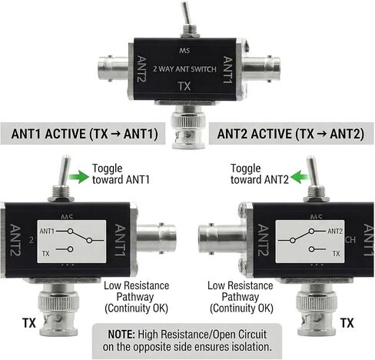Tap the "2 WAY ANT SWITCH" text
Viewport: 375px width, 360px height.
click(184, 69)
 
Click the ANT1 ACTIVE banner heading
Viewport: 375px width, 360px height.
click(85, 134)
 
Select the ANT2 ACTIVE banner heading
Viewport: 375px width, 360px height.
click(290, 134)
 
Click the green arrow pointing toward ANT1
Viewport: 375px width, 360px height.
click(78, 176)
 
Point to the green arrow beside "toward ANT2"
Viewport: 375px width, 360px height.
click(300, 177)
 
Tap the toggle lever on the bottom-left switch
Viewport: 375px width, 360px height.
click(65, 170)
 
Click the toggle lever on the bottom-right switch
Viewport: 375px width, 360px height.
click(312, 171)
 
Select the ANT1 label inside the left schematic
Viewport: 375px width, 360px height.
click(47, 231)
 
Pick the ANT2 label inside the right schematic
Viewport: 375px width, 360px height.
click(335, 231)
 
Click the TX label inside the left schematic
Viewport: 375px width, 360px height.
click(45, 254)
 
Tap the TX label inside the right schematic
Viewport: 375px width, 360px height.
click(336, 254)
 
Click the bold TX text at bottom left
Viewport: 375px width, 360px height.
click(29, 323)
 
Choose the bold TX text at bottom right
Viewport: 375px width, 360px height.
click(347, 323)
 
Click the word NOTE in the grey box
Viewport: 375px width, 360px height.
click(121, 335)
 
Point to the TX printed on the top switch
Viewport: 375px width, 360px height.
click(184, 86)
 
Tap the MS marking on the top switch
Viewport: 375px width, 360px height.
click(184, 51)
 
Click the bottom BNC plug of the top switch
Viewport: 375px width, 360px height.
click(189, 127)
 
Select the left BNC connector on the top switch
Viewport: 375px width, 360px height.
click(114, 68)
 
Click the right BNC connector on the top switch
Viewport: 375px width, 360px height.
click(261, 68)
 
